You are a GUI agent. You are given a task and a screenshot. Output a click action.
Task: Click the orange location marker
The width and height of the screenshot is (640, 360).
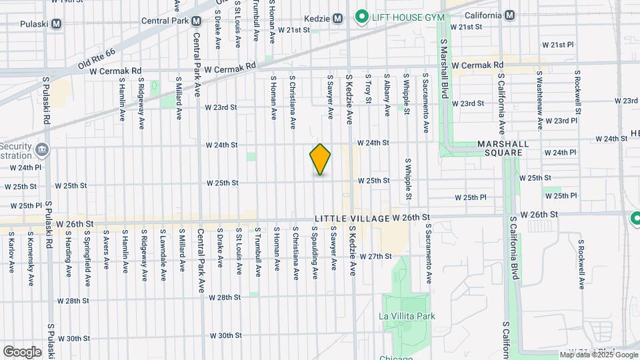click(320, 159)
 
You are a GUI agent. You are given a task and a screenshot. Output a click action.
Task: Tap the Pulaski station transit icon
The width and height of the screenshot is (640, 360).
click(57, 23)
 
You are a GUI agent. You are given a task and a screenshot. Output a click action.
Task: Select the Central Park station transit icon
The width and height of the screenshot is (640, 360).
click(196, 21)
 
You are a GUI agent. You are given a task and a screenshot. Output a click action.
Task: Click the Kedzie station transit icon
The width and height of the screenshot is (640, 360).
click(337, 18)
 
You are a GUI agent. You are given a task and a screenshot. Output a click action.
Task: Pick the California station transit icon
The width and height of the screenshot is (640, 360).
click(510, 15)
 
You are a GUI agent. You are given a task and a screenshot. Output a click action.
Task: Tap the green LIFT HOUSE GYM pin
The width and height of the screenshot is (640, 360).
click(362, 15)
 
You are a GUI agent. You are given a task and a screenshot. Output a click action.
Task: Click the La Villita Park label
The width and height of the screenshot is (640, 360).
click(407, 316)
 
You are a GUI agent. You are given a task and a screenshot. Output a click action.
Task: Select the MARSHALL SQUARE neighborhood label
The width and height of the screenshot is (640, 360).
click(503, 148)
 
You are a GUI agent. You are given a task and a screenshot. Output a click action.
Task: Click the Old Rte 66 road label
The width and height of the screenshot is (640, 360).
click(97, 60)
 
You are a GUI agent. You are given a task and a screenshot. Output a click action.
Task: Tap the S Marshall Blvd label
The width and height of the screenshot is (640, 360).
click(443, 68)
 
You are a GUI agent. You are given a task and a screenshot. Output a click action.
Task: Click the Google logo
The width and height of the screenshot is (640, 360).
click(23, 351)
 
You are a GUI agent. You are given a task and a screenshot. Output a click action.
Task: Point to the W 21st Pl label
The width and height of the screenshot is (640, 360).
click(557, 45)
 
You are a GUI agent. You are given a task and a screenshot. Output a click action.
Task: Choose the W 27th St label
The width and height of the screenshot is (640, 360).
click(375, 256)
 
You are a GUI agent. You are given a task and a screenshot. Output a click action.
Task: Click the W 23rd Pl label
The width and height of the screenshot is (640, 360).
click(561, 121)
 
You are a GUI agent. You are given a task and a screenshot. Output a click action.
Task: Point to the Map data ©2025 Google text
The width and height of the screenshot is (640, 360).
click(599, 355)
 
